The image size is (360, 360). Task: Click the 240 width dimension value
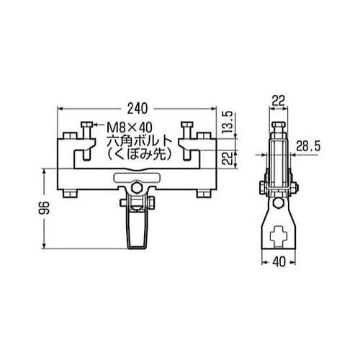point(138,109)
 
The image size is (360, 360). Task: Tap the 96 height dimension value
point(44,208)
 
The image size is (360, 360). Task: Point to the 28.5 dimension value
point(308,146)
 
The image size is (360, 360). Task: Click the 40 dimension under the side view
point(279,261)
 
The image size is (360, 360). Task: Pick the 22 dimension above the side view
point(279,101)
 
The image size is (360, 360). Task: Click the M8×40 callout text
point(130,127)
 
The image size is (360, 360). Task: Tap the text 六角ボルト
point(139,141)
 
